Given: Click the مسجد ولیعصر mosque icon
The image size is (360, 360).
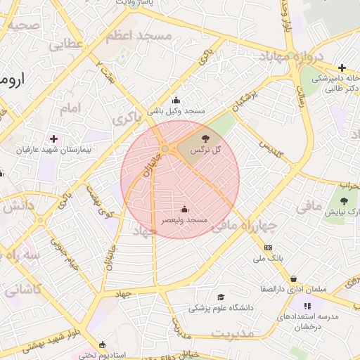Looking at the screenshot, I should click(184, 209).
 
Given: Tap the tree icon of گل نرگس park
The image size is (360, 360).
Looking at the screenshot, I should click(205, 139).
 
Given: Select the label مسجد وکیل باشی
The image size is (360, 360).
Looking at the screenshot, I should click(176, 111).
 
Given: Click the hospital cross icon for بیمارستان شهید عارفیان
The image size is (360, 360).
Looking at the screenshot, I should click(53, 139).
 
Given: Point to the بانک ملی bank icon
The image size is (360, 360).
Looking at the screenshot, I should click(268, 247).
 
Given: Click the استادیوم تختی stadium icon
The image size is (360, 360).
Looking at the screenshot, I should click(103, 345).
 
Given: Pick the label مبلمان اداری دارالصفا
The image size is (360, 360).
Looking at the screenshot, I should click(267, 289).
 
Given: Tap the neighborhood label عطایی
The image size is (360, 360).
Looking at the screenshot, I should click(65, 44).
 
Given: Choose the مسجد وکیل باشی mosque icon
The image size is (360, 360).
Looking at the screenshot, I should click(175, 100).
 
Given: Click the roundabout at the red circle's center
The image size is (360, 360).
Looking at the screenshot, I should click(165, 150).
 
